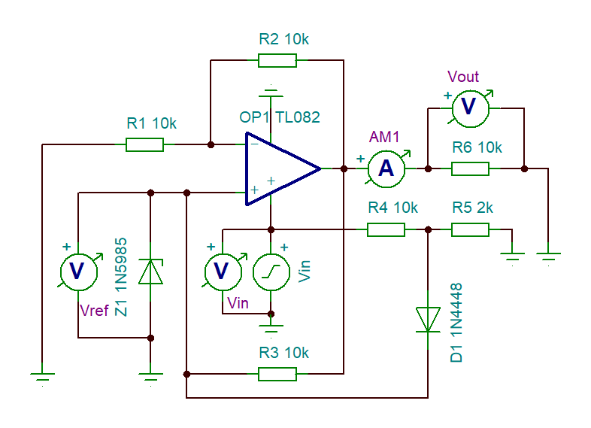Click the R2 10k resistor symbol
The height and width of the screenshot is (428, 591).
pyautogui.click(x=277, y=60)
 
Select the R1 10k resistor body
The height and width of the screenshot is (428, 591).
pyautogui.click(x=144, y=144)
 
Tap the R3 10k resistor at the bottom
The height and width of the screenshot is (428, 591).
pyautogui.click(x=277, y=374)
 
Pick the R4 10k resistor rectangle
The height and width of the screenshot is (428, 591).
pyautogui.click(x=386, y=229)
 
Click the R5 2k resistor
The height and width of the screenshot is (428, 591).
pyautogui.click(x=471, y=229)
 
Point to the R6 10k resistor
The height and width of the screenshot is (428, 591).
pyautogui.click(x=471, y=168)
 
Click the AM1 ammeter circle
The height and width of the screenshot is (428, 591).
pyautogui.click(x=386, y=168)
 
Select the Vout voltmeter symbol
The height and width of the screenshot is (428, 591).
pyautogui.click(x=471, y=108)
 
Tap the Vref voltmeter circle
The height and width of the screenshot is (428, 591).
pyautogui.click(x=79, y=272)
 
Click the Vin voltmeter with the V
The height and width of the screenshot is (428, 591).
pyautogui.click(x=223, y=272)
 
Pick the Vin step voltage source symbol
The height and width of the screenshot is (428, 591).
pyautogui.click(x=271, y=272)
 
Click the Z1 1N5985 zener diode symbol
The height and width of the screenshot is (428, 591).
pyautogui.click(x=151, y=272)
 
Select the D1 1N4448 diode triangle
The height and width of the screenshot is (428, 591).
pyautogui.click(x=428, y=320)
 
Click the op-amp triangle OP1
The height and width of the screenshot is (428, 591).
pyautogui.click(x=279, y=168)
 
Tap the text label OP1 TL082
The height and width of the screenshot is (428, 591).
pyautogui.click(x=280, y=117)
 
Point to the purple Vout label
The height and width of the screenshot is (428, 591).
pyautogui.click(x=463, y=77)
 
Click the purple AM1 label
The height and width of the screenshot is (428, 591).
pyautogui.click(x=383, y=137)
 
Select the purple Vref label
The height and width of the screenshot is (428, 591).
pyautogui.click(x=94, y=311)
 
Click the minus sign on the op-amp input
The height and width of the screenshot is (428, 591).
pyautogui.click(x=255, y=144)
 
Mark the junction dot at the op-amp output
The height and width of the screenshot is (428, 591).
pyautogui.click(x=344, y=168)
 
